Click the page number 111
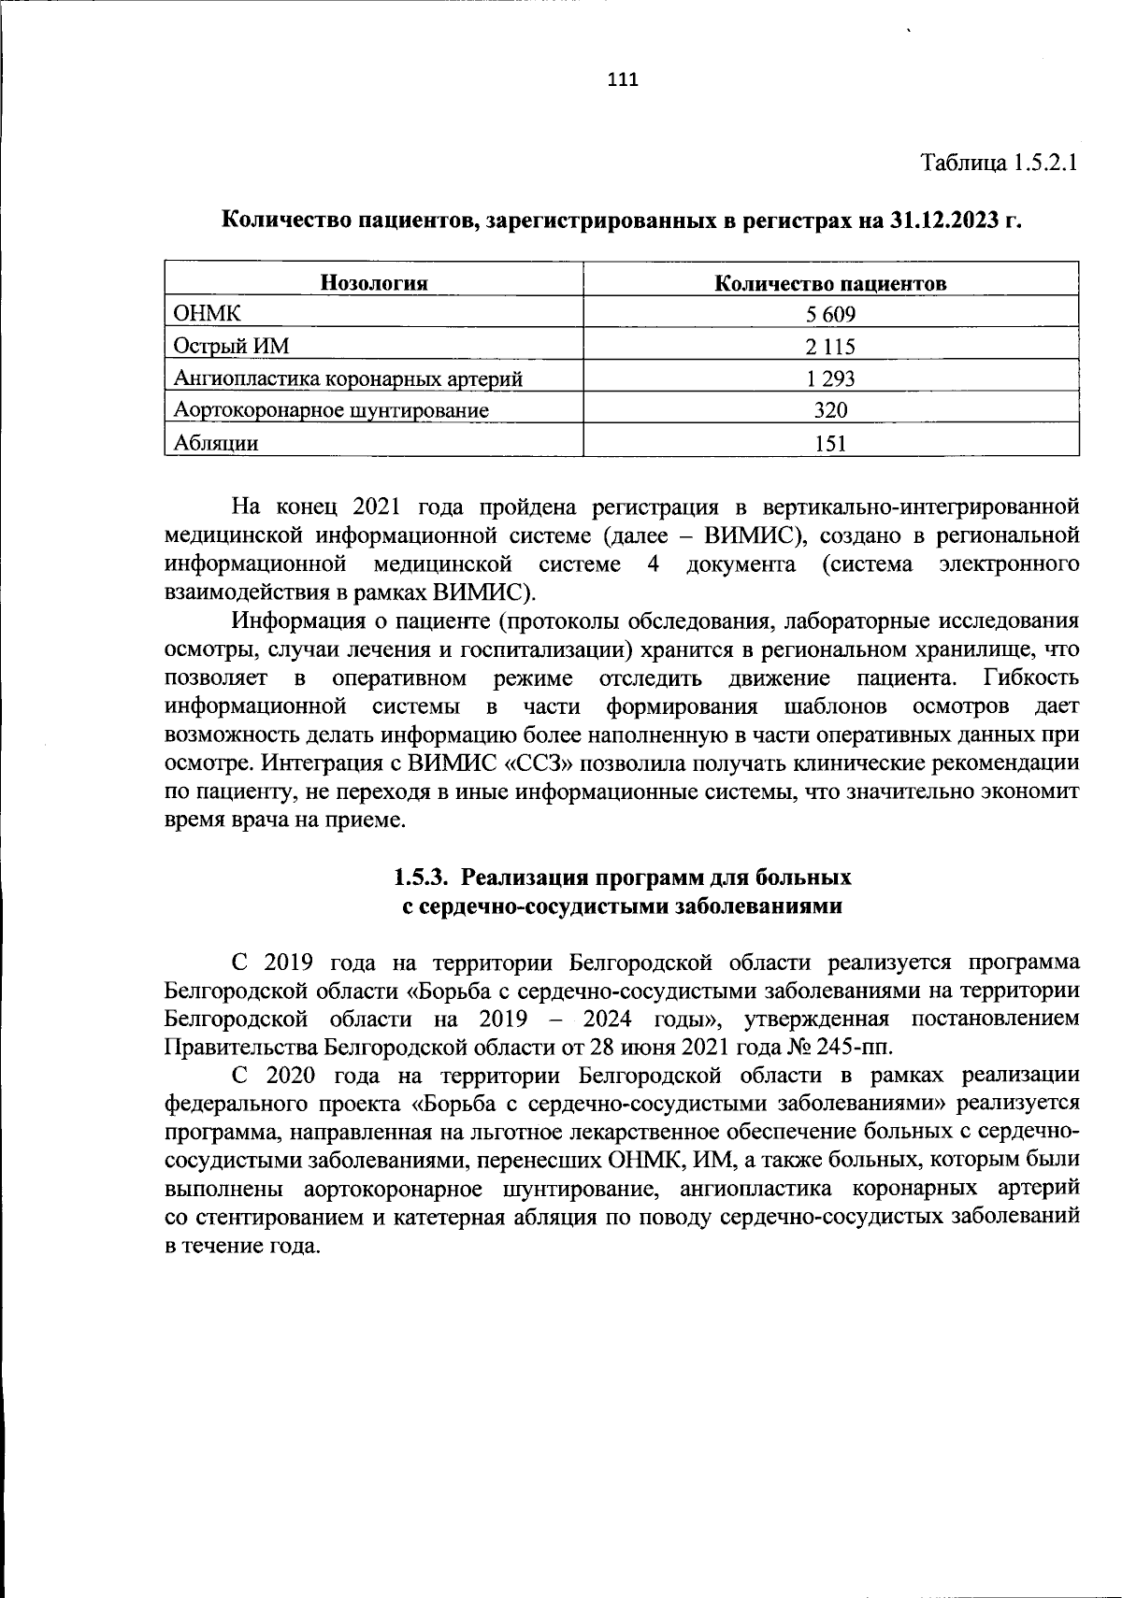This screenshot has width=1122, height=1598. click(x=622, y=79)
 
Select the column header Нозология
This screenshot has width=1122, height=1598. click(x=374, y=283)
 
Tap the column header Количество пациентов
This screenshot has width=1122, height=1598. click(x=830, y=283)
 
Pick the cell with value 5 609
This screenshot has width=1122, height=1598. click(x=830, y=315)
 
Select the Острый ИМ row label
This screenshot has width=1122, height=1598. click(x=232, y=347)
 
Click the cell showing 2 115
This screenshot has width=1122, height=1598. click(x=830, y=347)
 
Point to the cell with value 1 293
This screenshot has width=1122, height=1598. click(x=830, y=378)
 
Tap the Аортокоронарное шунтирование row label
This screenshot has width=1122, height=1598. click(x=332, y=410)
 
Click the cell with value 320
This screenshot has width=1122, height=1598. click(x=830, y=410)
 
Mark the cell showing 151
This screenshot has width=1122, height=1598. click(x=830, y=442)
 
